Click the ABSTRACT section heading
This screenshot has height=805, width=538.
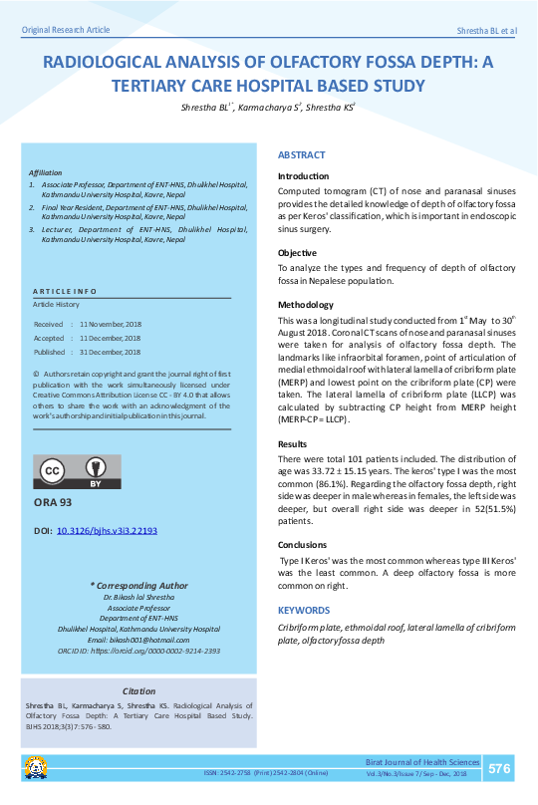301,155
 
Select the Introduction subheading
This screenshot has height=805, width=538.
303,176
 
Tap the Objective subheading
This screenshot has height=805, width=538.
297,253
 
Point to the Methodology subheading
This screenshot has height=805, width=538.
306,305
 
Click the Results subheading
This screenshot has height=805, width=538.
292,443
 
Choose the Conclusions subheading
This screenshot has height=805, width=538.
302,545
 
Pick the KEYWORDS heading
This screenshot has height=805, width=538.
303,610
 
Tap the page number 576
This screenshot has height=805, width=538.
499,768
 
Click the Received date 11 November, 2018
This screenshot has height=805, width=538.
110,325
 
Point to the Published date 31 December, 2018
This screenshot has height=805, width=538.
110,352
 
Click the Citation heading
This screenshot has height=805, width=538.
138,690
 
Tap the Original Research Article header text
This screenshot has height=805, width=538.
66,31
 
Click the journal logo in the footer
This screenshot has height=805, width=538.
36,768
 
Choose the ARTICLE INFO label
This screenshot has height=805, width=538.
65,290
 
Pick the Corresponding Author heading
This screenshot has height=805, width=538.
138,586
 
